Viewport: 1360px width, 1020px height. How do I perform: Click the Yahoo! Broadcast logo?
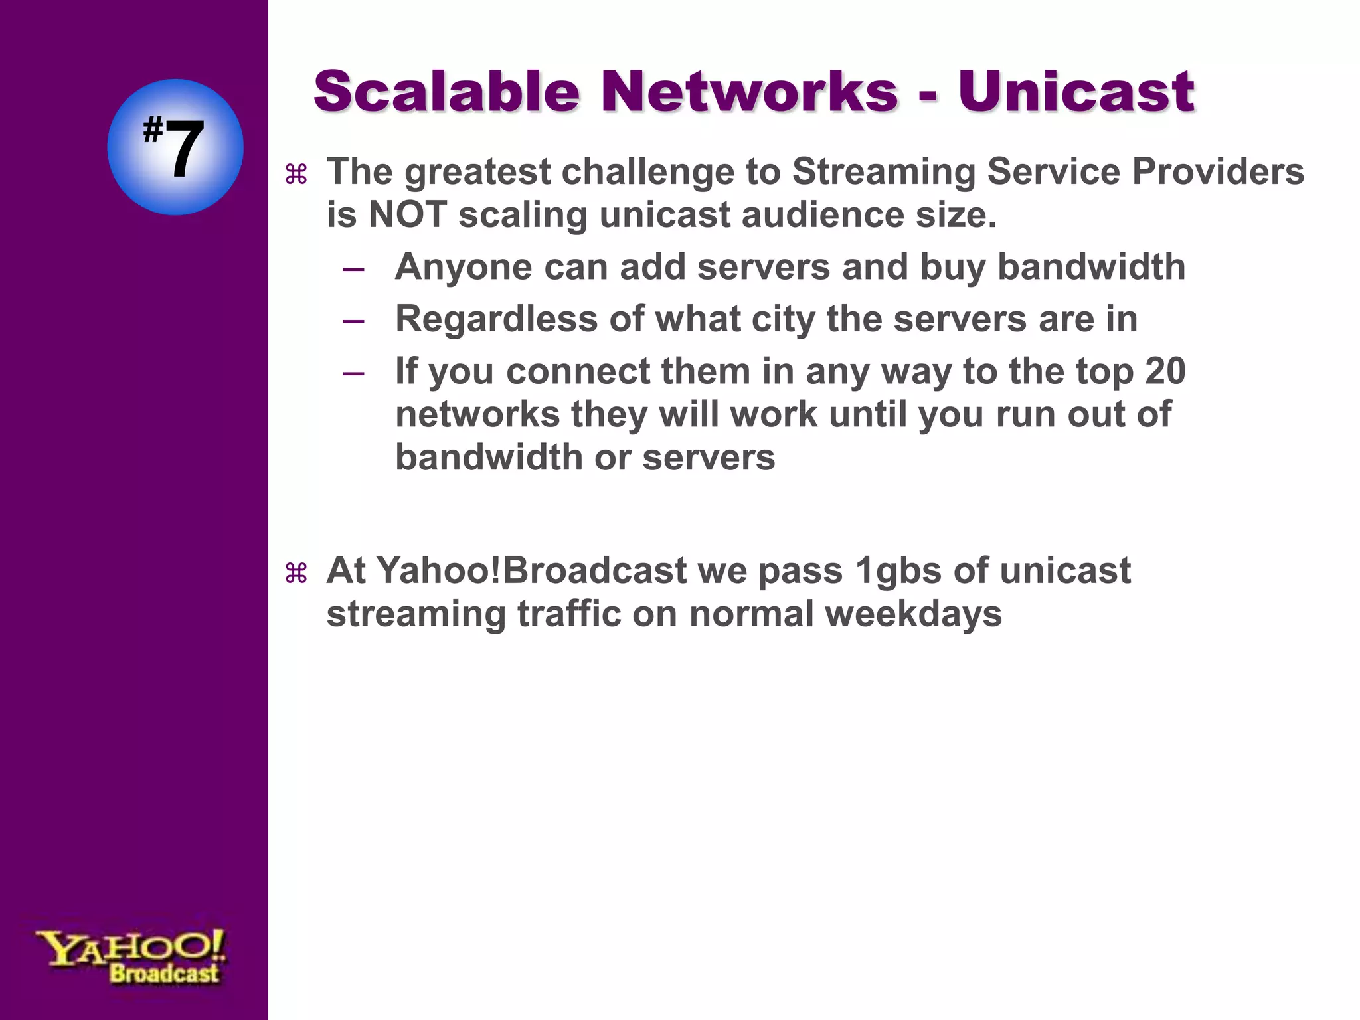(131, 956)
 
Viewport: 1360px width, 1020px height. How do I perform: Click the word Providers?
(1218, 172)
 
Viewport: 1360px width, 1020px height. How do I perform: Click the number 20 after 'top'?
(1165, 371)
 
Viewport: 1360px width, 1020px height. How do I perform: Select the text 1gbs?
(898, 571)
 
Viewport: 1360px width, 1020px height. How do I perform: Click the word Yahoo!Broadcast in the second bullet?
(531, 571)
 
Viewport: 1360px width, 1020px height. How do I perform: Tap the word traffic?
(569, 614)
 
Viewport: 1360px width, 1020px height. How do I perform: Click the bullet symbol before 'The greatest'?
(296, 175)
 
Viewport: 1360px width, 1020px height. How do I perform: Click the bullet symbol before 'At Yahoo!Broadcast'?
(296, 574)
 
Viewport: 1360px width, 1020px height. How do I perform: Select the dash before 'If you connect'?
(353, 373)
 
